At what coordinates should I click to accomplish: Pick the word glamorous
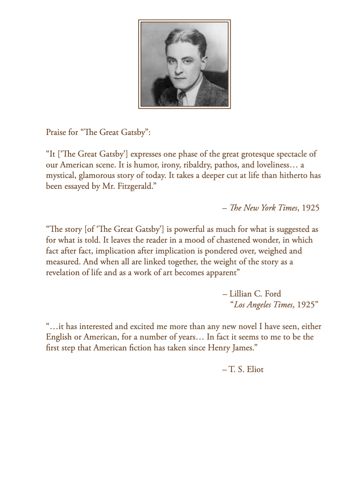pyautogui.click(x=96, y=176)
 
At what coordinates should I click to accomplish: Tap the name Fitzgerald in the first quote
pyautogui.click(x=135, y=186)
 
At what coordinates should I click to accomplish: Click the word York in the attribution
pyautogui.click(x=268, y=208)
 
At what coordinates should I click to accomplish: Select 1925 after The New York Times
pyautogui.click(x=310, y=208)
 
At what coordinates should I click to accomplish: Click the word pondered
pyautogui.click(x=222, y=251)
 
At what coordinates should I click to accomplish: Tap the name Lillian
pyautogui.click(x=240, y=294)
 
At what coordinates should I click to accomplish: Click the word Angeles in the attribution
pyautogui.click(x=259, y=305)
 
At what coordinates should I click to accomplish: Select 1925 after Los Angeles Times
pyautogui.click(x=306, y=305)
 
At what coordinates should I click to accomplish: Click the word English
pyautogui.click(x=59, y=337)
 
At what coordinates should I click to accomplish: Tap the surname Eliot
pyautogui.click(x=255, y=369)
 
